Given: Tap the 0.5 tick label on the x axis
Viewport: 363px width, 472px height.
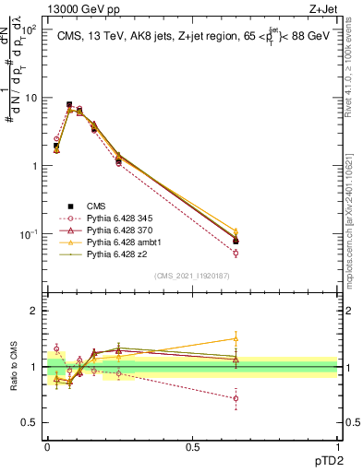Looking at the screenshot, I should [x=192, y=446].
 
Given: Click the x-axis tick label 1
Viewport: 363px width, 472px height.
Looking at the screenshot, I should [x=337, y=446].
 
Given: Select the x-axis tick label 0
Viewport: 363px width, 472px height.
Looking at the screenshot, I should [x=47, y=446].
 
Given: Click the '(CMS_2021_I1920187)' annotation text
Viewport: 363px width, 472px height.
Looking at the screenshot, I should [x=192, y=274].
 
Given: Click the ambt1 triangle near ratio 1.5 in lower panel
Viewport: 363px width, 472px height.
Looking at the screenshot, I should [x=236, y=338].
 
